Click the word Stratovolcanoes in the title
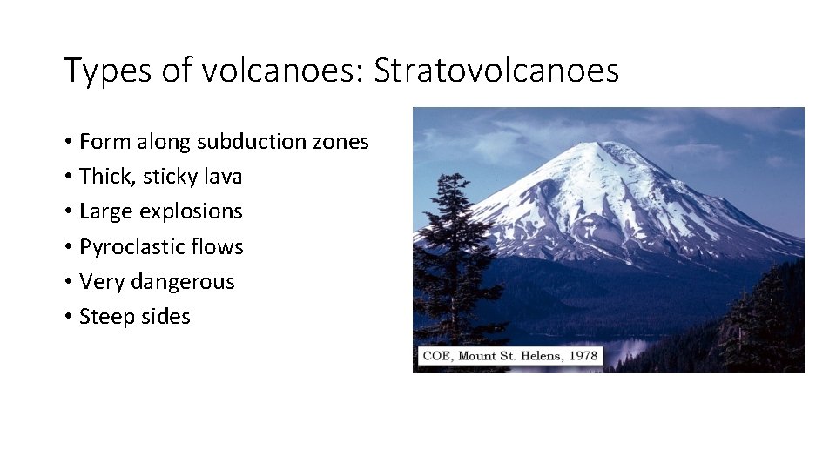coord(496,70)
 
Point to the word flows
coord(215,247)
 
